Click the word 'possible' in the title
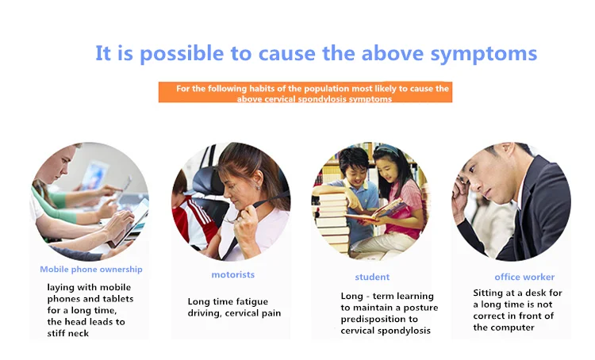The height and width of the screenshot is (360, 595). coord(182,54)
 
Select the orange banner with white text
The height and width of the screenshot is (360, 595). coord(305,92)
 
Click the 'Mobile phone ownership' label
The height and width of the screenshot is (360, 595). coord(91,270)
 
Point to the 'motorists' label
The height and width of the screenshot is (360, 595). coord(233,274)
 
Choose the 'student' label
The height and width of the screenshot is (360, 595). coord(372,277)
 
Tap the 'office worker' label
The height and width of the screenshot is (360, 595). coord(524,277)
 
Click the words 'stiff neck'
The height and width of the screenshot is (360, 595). coord(68,334)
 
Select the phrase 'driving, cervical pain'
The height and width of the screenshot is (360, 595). coord(234,313)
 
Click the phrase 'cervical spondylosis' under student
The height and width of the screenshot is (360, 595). coord(386,331)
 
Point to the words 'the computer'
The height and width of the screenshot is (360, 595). coord(504,327)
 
